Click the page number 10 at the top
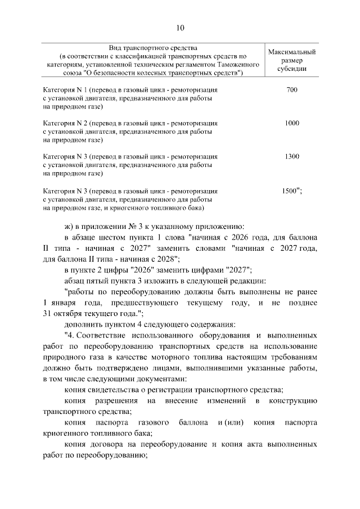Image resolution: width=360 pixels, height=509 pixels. [180, 29]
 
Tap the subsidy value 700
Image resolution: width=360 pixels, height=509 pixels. [291, 90]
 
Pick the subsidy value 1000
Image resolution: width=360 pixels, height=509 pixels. [291, 123]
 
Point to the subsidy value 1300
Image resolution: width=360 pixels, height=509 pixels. [291, 156]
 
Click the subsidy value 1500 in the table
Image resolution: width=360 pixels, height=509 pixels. [290, 190]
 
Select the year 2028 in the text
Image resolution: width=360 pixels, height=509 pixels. [166, 258]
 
